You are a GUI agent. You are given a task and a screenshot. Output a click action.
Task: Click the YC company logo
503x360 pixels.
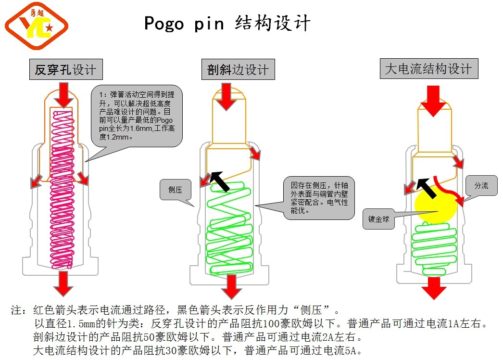point(37,26)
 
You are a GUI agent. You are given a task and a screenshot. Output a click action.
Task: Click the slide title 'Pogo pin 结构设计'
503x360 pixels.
point(227,23)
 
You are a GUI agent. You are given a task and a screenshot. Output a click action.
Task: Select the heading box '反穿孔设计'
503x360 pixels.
point(65,70)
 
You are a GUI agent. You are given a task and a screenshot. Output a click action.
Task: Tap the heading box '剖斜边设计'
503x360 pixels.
point(238,70)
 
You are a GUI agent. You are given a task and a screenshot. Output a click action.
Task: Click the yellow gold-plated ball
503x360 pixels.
point(435,204)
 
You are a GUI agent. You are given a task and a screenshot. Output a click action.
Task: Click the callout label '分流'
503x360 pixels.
point(481,185)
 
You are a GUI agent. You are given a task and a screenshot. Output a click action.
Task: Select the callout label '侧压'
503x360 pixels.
point(176,189)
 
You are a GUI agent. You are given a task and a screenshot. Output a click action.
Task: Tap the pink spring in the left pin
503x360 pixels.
point(63,193)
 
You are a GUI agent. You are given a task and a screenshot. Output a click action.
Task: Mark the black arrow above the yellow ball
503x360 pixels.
point(426,188)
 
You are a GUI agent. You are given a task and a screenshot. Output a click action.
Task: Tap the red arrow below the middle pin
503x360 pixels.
point(231,286)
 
